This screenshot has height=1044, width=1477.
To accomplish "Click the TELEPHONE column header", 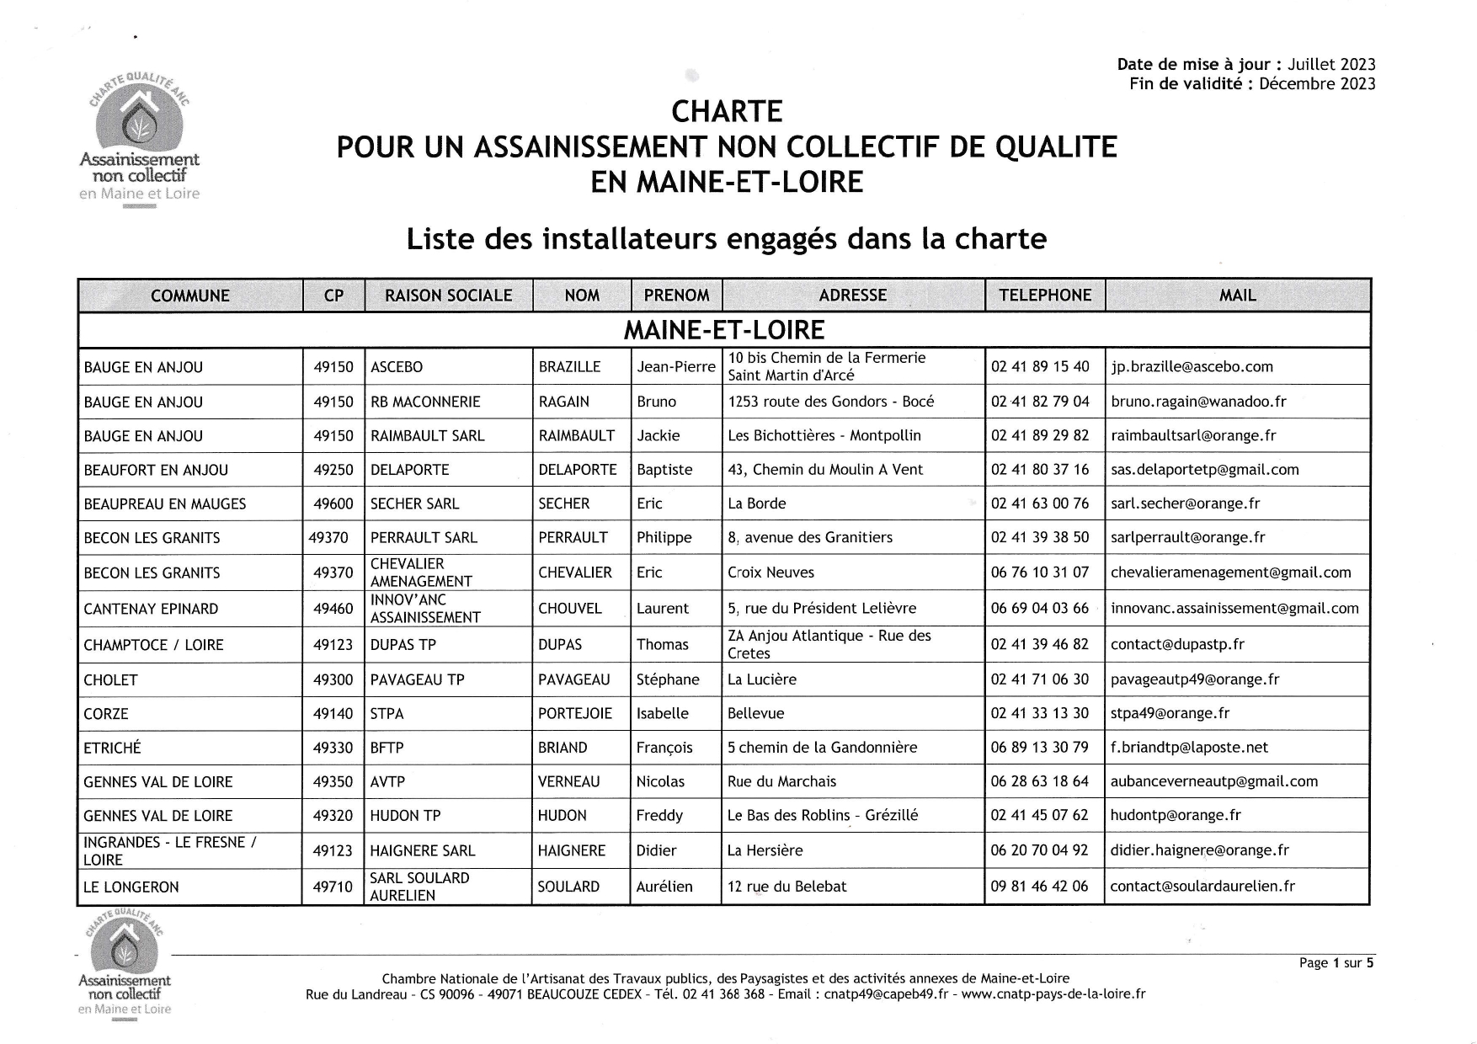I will click(1044, 296).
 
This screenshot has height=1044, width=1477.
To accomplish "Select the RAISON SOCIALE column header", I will click(448, 296).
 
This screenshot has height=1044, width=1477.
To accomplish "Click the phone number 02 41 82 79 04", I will click(1040, 402).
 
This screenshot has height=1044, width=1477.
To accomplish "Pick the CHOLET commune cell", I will click(111, 680).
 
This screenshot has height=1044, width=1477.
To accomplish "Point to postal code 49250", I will click(333, 470).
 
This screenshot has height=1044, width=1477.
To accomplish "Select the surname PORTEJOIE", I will click(575, 714).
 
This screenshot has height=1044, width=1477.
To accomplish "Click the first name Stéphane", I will click(668, 679).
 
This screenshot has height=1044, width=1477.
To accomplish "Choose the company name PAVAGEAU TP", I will click(418, 679).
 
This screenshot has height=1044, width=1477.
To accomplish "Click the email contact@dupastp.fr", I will click(1177, 645).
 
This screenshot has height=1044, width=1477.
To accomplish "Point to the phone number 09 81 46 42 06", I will click(1040, 887).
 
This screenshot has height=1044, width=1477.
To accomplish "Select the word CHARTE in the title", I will click(727, 111).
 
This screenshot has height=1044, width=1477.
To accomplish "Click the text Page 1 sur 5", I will click(1336, 963).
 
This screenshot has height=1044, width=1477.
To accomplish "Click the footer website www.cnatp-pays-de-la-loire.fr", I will click(1053, 994).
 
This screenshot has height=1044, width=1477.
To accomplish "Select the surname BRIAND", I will click(563, 748).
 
